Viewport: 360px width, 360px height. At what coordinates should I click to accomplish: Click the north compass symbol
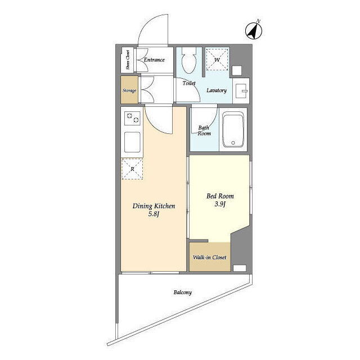tap(254, 31)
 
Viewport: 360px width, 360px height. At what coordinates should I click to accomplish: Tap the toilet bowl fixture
tap(189, 61)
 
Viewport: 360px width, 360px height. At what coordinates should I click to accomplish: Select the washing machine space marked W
tap(217, 60)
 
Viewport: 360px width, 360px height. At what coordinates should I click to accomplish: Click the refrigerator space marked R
tap(132, 169)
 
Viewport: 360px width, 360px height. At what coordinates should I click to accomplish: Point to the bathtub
tap(233, 130)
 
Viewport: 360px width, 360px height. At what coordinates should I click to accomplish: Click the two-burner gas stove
tap(132, 118)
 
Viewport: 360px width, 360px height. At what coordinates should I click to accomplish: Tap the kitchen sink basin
tap(132, 142)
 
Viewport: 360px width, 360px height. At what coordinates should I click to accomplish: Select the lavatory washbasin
tap(241, 91)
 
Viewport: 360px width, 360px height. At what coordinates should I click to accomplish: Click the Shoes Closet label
tap(128, 60)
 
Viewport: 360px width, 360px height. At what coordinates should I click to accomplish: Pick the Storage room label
tap(129, 91)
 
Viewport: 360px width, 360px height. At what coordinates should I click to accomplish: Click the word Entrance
tap(154, 60)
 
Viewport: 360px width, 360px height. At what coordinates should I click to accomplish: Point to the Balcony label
tap(182, 292)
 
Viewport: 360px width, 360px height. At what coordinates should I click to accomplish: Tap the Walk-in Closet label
tap(209, 257)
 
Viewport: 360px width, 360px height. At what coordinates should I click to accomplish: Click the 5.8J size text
tap(154, 214)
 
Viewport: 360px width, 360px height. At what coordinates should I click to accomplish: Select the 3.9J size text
tap(220, 204)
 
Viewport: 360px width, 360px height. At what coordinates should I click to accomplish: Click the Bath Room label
tap(204, 130)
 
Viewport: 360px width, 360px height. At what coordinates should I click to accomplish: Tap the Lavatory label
tap(217, 90)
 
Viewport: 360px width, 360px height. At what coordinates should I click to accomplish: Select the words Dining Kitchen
tap(154, 206)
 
